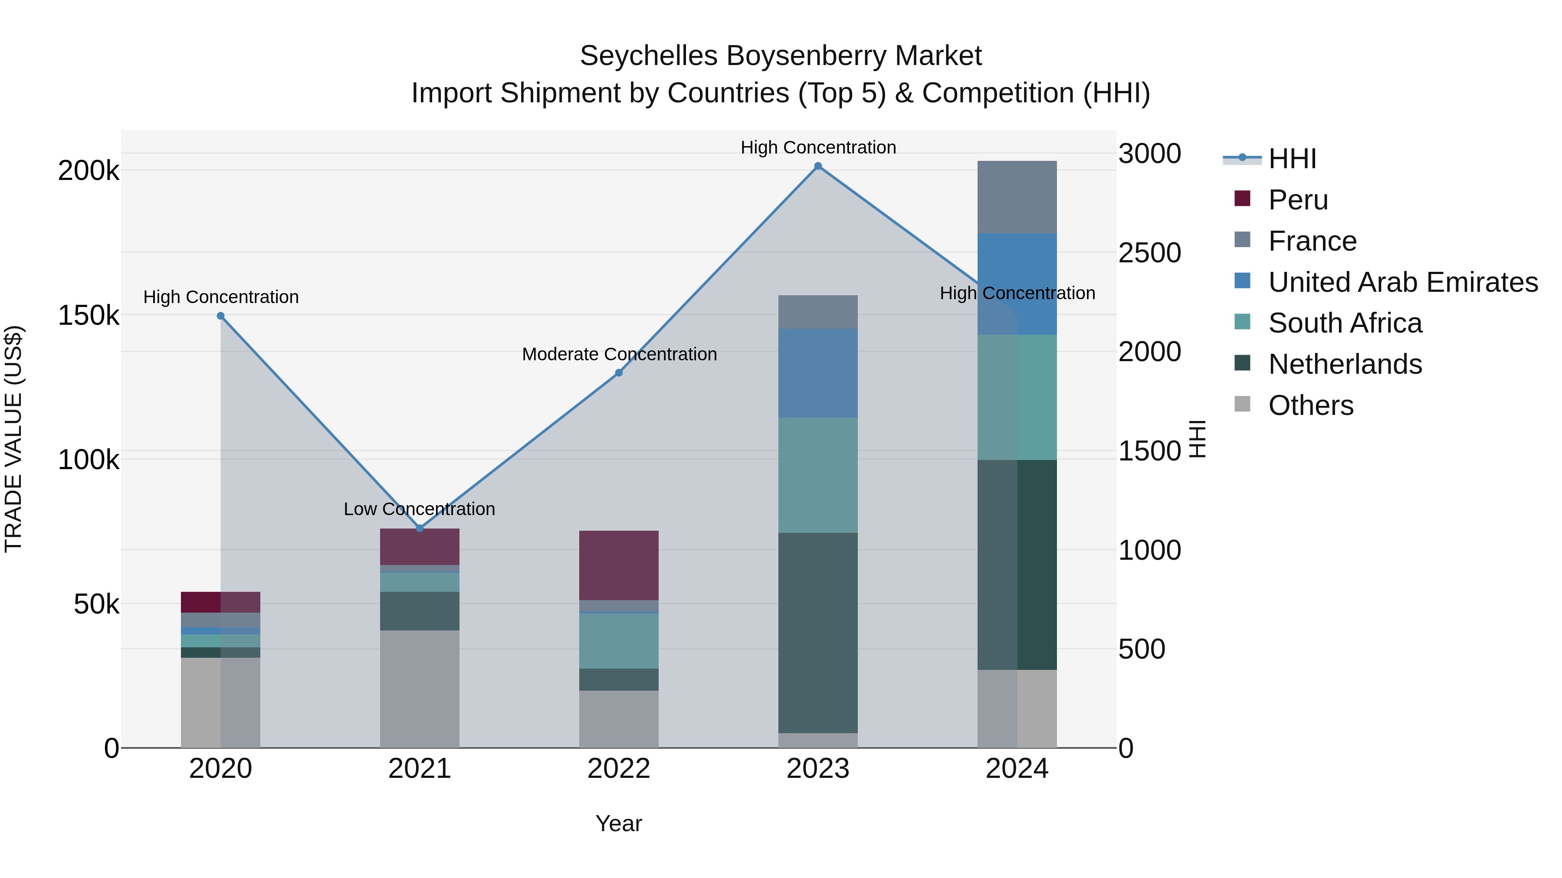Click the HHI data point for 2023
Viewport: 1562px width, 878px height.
pyautogui.click(x=818, y=166)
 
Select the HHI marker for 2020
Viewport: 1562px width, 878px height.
pyautogui.click(x=221, y=316)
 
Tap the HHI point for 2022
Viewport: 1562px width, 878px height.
pyautogui.click(x=618, y=372)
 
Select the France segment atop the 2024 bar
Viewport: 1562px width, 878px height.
pyautogui.click(x=1017, y=197)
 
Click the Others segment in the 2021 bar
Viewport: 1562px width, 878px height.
pyautogui.click(x=420, y=689)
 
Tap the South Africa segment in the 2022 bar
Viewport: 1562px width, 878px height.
pyautogui.click(x=618, y=640)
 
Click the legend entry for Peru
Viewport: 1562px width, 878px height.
pyautogui.click(x=1298, y=200)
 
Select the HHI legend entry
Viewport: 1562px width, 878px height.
pyautogui.click(x=1292, y=159)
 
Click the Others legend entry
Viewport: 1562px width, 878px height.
pyautogui.click(x=1310, y=405)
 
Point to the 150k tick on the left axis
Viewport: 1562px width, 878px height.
pyautogui.click(x=89, y=316)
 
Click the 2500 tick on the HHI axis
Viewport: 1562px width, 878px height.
pyautogui.click(x=1149, y=253)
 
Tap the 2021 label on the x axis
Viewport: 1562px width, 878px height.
pyautogui.click(x=420, y=769)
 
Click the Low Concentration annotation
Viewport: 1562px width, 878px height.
pyautogui.click(x=419, y=509)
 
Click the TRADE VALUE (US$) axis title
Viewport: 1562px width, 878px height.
pyautogui.click(x=14, y=439)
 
